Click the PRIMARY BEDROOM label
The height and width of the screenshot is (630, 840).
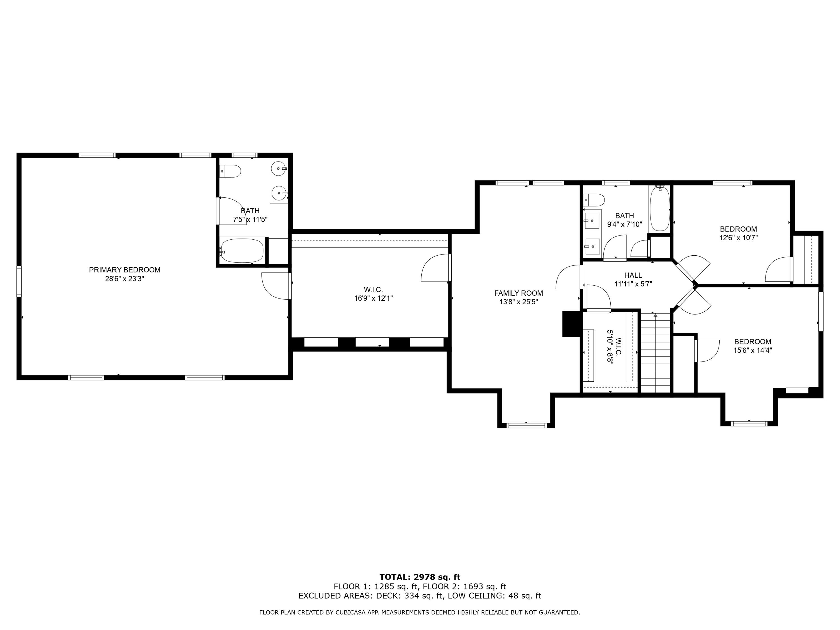pos(125,270)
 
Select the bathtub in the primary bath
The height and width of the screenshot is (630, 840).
pos(242,251)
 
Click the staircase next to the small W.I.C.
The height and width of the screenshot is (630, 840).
pos(655,351)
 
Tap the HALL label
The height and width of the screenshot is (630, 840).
pos(633,275)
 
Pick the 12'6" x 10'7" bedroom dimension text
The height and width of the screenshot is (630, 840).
pos(738,238)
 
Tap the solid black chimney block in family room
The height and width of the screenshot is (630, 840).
pos(571,324)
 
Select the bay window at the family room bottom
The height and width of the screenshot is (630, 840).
pos(527,425)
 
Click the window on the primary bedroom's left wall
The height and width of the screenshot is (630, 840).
pos(19,281)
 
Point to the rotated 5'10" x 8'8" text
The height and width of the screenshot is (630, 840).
pos(610,347)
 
